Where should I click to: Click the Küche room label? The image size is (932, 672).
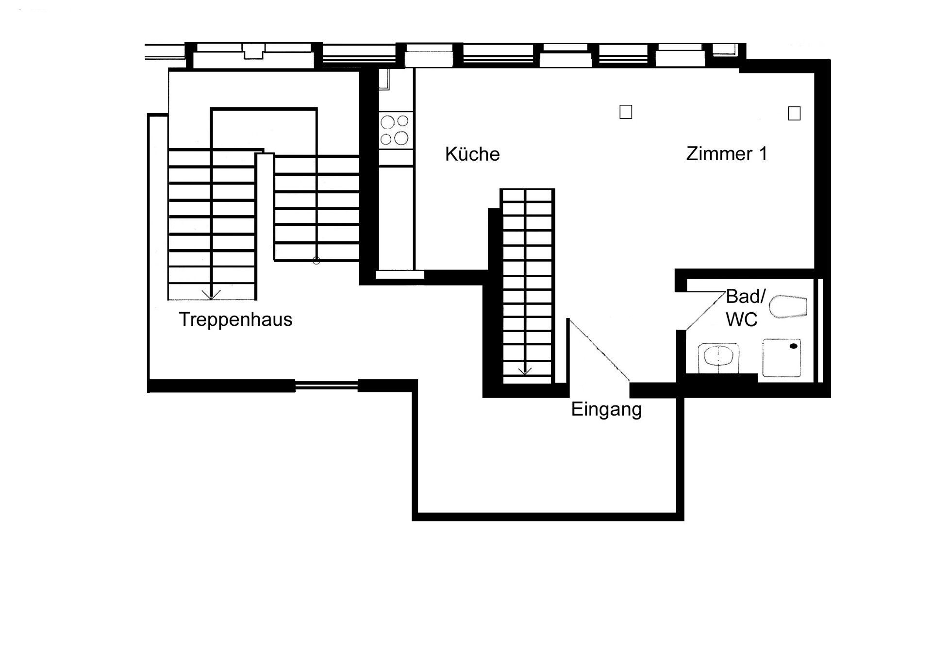coord(472,154)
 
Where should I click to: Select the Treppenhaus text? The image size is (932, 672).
coord(235,319)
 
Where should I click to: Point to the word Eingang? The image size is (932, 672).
coord(606,409)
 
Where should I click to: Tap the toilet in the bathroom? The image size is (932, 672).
coord(788,306)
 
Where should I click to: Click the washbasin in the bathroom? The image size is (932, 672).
coord(718,358)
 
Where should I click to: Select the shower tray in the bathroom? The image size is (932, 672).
coord(782,358)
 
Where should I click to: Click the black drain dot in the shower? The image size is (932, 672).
coord(794,346)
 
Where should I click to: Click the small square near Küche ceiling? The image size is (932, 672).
coord(626,112)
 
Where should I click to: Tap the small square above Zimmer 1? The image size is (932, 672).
coord(794,114)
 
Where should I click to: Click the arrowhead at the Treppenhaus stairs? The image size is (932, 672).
coord(212,294)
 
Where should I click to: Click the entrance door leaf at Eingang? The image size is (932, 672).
coord(599,350)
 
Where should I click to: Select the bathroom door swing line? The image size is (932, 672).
coord(704,311)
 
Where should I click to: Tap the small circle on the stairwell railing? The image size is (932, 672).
coord(316,261)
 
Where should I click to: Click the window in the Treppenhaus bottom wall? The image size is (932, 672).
coord(327,386)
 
